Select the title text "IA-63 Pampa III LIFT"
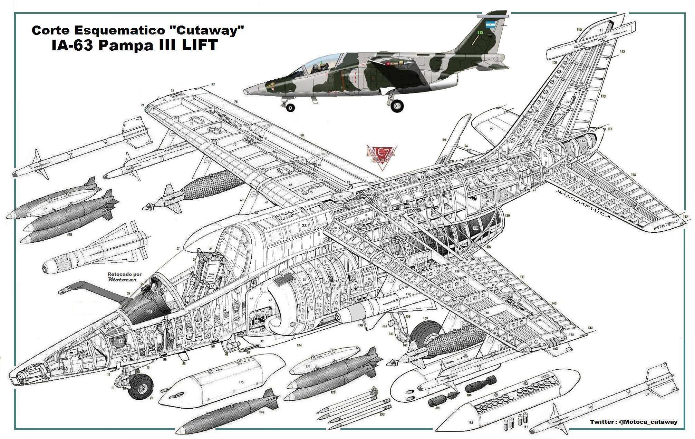pos(134,45)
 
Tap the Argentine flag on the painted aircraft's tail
pos(490,24)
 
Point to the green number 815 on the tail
pos(480,32)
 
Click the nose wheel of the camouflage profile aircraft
pos(291,108)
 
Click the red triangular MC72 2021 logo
pos(382,157)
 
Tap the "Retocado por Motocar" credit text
pos(125,277)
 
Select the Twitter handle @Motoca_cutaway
pos(648,421)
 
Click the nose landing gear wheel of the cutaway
pos(141,388)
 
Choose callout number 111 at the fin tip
pos(600,30)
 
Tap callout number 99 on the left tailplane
pos(491,129)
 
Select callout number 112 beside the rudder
pos(622,52)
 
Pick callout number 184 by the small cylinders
pos(525,427)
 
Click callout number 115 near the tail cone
pos(610,129)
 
